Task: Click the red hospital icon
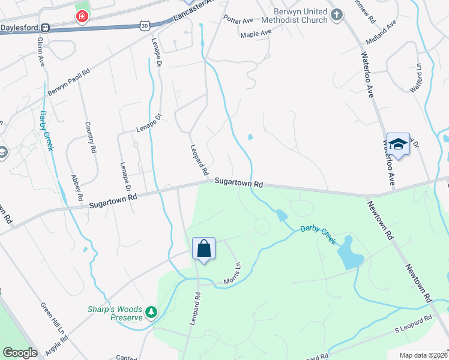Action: pos(82,16)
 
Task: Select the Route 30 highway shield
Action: pos(145,25)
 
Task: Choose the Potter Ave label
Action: pos(239,20)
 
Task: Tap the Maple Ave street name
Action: pos(256,34)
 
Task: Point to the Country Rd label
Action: pos(89,136)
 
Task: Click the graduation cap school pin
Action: pos(398,144)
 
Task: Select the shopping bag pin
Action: pos(203,248)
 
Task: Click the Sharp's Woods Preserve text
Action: pos(114,313)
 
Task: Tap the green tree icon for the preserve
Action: pos(152,312)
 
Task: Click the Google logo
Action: pos(20,353)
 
